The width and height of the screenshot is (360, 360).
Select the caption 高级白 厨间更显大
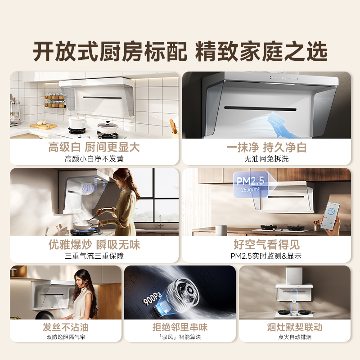[x=94, y=147]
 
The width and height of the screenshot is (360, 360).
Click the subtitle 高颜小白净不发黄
[x=94, y=158]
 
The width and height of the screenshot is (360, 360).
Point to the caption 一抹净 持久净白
[x=266, y=147]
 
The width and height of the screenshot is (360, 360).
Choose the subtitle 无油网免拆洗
[x=266, y=158]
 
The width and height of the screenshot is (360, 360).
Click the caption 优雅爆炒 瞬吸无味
[x=94, y=245]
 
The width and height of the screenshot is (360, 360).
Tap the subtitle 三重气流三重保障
[x=94, y=256]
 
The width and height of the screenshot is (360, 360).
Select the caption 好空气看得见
[x=266, y=245]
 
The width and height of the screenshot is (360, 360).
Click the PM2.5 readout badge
[x=250, y=184]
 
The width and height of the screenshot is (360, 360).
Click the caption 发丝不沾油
[x=66, y=327]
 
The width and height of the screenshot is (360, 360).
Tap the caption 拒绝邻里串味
[x=180, y=327]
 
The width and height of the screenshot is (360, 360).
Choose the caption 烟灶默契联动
[x=294, y=327]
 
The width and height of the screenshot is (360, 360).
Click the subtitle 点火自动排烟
[x=294, y=337]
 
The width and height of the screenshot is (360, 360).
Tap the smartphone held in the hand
[x=333, y=214]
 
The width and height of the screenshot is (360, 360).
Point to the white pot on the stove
[x=78, y=123]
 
